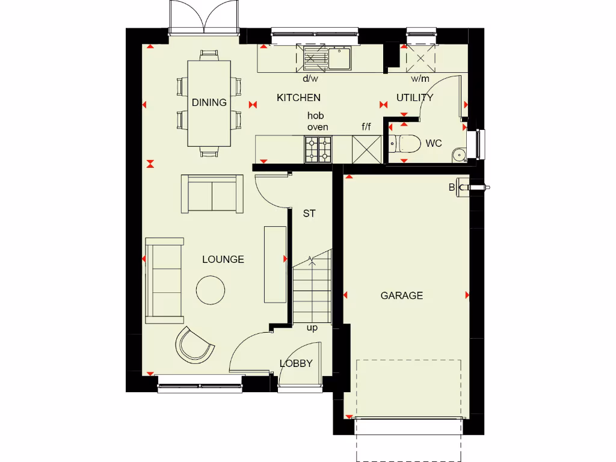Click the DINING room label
tap(209, 102)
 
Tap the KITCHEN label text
tap(298, 97)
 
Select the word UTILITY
tap(414, 97)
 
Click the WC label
tap(433, 143)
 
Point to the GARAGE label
tap(401, 295)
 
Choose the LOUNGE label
tap(223, 259)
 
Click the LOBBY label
tap(296, 363)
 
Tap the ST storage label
tap(309, 214)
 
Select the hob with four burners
tap(318, 149)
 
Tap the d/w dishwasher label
tap(310, 79)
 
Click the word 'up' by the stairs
tap(312, 328)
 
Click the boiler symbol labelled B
tap(463, 187)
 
